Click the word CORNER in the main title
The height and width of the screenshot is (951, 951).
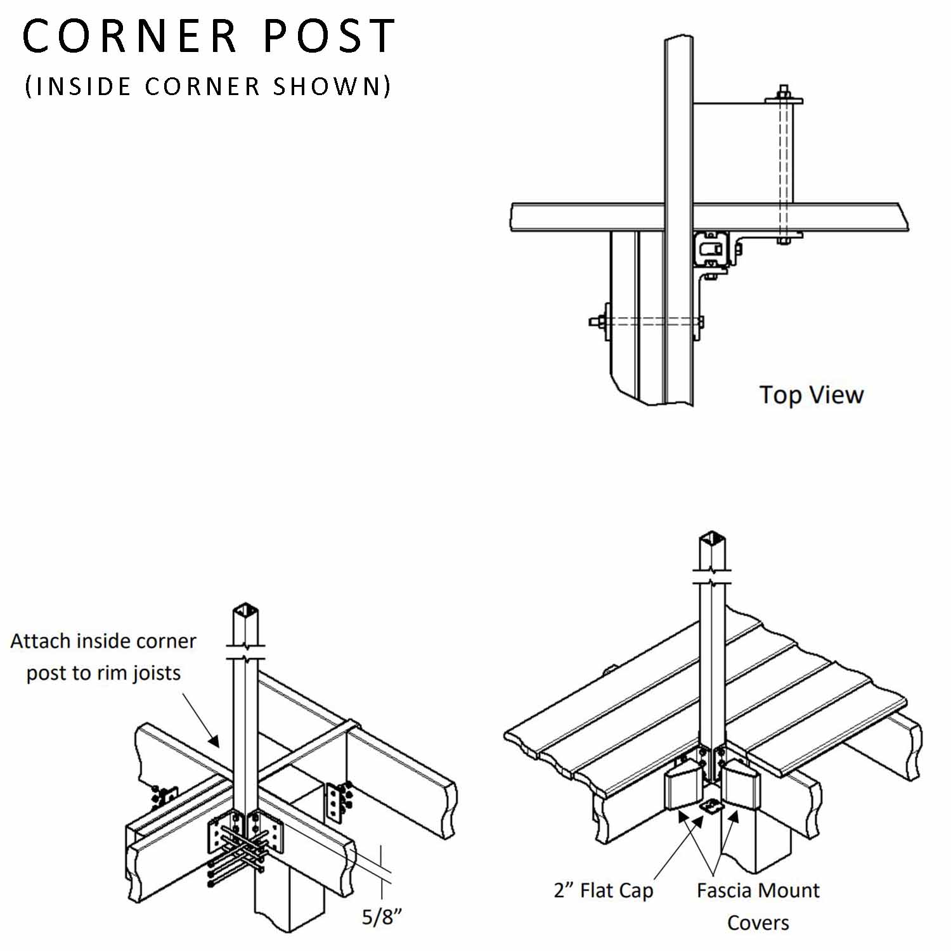coord(130,36)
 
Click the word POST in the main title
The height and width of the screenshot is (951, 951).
coord(330,36)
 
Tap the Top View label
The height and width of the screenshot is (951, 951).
coord(812,395)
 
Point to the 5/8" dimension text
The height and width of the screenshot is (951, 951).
coord(382,917)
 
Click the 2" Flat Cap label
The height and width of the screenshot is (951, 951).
coord(603,890)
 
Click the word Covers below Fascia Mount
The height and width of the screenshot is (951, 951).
coord(758,923)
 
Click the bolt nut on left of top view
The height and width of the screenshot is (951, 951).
coord(596,321)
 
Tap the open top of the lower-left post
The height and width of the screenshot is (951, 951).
coord(245,613)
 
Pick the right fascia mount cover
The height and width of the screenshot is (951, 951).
coord(742,785)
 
